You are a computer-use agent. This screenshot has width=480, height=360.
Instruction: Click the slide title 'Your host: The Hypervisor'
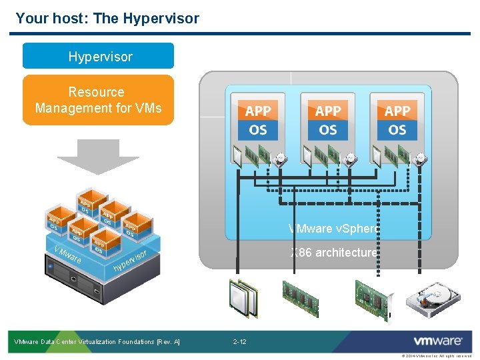pyautogui.click(x=107, y=18)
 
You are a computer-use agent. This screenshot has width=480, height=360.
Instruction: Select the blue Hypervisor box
pyautogui.click(x=98, y=57)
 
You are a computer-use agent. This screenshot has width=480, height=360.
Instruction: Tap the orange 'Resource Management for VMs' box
pyautogui.click(x=98, y=100)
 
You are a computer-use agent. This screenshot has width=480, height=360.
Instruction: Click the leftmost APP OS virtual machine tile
pyautogui.click(x=258, y=119)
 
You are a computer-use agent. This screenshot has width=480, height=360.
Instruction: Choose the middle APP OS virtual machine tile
pyautogui.click(x=327, y=119)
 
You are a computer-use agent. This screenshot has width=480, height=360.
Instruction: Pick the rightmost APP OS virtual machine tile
pyautogui.click(x=397, y=119)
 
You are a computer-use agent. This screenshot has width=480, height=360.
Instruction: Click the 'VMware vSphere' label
pyautogui.click(x=333, y=229)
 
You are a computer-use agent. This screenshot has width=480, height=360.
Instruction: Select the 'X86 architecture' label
pyautogui.click(x=333, y=253)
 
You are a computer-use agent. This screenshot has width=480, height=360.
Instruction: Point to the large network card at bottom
pyautogui.click(x=374, y=297)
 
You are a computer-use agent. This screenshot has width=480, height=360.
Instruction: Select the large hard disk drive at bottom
pyautogui.click(x=437, y=297)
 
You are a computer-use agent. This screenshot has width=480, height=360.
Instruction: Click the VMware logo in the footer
pyautogui.click(x=438, y=341)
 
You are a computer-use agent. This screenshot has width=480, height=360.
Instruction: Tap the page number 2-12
pyautogui.click(x=239, y=342)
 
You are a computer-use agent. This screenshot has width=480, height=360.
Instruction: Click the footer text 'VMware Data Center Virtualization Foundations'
pyautogui.click(x=97, y=342)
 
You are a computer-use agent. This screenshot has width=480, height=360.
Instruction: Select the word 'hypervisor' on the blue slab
pyautogui.click(x=129, y=262)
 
